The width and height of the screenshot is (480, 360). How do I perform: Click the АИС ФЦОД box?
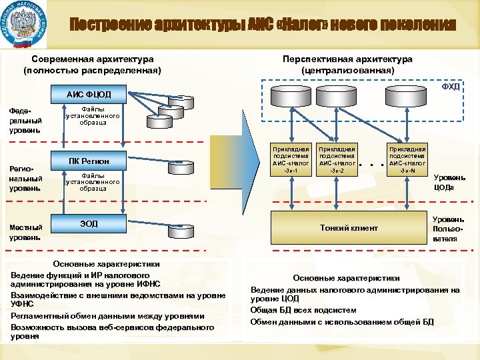tap(88, 94)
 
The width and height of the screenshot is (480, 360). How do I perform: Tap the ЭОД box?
tap(88, 223)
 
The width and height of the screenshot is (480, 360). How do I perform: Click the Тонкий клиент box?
tap(348, 228)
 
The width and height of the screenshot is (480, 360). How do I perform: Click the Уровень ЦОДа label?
tap(445, 182)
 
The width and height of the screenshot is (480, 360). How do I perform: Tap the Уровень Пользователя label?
tap(445, 228)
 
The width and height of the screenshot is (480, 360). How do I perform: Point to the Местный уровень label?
tap(26, 232)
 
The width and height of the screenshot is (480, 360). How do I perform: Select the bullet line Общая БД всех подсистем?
tap(303, 310)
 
